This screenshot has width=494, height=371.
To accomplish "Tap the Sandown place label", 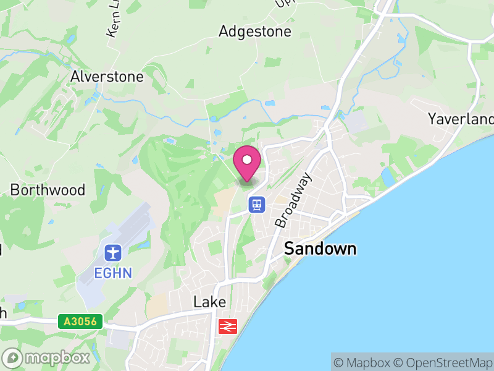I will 320,249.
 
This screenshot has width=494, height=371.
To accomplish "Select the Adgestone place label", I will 254,32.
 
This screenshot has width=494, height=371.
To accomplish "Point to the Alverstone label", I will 107,77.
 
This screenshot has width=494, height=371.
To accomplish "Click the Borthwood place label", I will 48,190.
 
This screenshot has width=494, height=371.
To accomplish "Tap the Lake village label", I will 210,302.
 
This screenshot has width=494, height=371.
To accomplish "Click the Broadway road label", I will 293,200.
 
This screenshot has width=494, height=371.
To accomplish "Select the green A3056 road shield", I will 80,321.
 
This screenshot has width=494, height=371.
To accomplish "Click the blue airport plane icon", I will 114,253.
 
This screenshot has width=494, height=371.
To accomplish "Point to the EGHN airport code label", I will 114,273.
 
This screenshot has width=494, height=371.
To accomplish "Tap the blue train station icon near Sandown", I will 257,204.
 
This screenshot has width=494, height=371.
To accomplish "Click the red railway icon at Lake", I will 228,325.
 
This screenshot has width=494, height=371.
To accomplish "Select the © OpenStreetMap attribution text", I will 442,362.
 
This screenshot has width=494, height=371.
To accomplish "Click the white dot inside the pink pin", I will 247,160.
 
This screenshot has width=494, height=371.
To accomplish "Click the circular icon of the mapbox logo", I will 12,358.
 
